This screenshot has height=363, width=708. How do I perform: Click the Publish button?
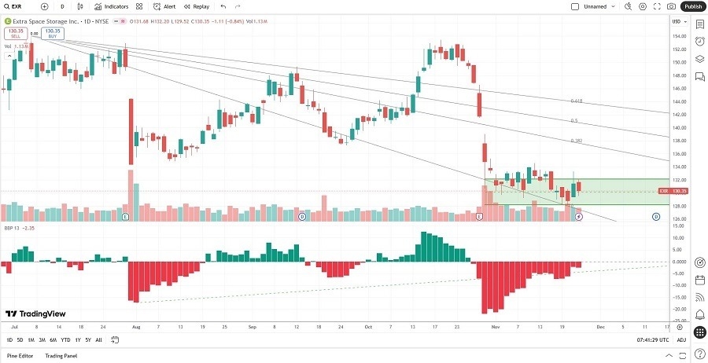[693, 6]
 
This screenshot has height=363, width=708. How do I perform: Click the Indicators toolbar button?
[112, 6]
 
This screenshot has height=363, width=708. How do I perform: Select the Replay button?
[197, 6]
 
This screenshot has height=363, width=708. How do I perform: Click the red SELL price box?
[16, 34]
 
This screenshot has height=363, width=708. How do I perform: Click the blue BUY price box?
[53, 34]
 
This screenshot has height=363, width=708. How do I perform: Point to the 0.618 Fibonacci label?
[576, 101]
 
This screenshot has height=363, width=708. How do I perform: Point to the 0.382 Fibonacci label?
[576, 141]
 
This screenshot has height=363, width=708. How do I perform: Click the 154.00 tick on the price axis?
[677, 35]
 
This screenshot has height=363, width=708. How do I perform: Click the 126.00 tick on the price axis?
[677, 219]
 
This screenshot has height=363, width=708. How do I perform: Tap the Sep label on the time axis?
[253, 324]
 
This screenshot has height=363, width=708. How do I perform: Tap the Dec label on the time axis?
[600, 324]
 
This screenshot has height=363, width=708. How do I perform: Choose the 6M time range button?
[53, 340]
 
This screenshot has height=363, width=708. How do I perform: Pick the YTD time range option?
[65, 340]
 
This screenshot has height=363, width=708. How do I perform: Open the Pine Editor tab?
[22, 356]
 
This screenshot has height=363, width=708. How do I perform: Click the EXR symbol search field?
[17, 6]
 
